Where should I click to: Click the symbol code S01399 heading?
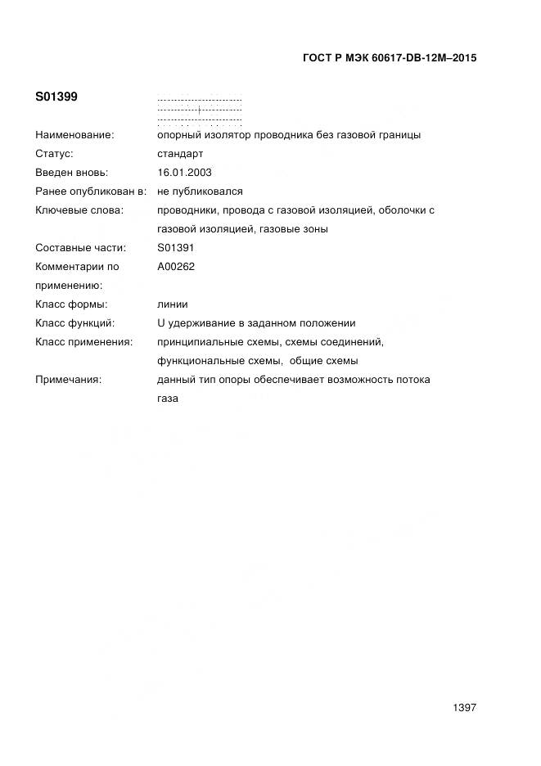pos(56,97)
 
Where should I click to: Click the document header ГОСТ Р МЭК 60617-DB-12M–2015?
pos(390,58)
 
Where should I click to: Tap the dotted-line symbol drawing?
pos(200,109)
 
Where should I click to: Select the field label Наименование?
pos(74,135)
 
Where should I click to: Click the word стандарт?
pos(180,154)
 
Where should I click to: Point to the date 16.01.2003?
pos(184,173)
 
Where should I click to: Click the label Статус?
pos(55,154)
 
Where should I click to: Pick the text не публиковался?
pos(200,191)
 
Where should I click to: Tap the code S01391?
pos(176,247)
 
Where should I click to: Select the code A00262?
pos(176,266)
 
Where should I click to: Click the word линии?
pos(173,304)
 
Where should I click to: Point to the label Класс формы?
pos(72,304)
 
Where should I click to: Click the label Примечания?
pos(69,380)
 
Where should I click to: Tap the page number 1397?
pos(464,708)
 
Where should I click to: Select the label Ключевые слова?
pos(79,210)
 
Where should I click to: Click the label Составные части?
pos(81,247)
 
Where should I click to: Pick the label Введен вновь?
pos(72,173)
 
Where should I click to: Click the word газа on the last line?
pos(168,399)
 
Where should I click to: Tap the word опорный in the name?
pos(178,135)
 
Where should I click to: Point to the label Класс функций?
pos(75,323)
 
